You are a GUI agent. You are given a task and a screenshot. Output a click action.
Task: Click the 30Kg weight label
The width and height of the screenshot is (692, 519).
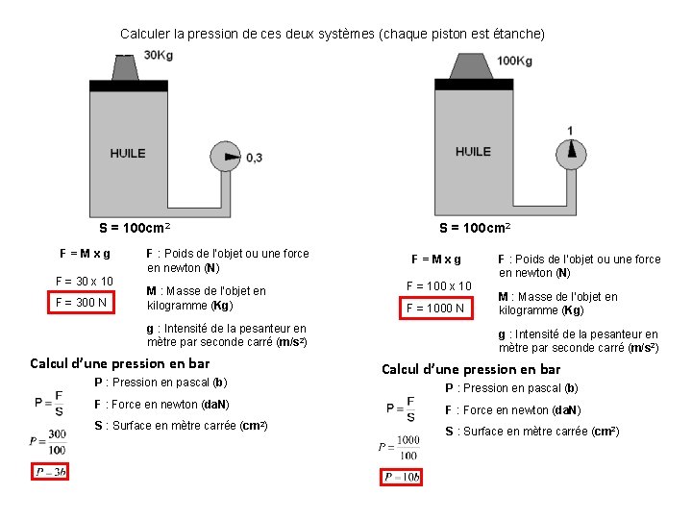click(159, 55)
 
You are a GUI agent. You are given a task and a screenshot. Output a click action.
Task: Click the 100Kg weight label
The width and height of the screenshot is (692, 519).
click(514, 61)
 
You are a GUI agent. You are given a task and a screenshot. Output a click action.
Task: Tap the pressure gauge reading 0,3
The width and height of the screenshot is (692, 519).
click(227, 157)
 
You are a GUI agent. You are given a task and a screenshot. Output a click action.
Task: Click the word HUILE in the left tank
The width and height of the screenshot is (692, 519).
click(128, 153)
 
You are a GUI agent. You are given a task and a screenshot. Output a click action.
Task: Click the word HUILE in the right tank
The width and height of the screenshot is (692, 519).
click(473, 151)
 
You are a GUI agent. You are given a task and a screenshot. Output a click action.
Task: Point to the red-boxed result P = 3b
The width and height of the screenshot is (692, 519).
click(50, 472)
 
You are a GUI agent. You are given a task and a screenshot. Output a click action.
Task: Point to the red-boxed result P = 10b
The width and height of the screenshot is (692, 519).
click(401, 478)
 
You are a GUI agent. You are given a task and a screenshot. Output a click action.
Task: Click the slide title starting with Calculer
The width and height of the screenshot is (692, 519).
click(333, 34)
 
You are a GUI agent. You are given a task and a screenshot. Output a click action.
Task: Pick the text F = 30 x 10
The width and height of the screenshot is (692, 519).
click(85, 282)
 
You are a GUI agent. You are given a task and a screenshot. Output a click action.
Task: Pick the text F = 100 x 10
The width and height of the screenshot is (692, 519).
click(438, 286)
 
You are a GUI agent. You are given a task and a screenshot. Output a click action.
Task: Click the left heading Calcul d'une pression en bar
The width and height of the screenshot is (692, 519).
click(120, 363)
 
